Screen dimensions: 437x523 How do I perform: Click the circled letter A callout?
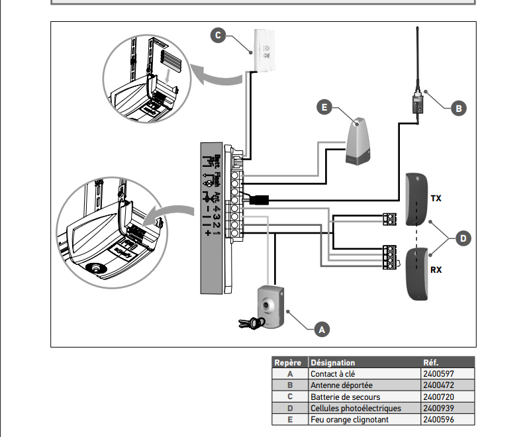coord(320,328)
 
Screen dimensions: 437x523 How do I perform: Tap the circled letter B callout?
coord(458,107)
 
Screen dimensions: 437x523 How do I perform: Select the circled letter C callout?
coord(218,35)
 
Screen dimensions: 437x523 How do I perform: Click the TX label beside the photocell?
coord(436,198)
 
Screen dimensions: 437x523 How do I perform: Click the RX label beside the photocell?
coord(436,270)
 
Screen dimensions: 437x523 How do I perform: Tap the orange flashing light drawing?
coord(359,141)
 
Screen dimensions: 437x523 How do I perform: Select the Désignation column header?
coord(333,363)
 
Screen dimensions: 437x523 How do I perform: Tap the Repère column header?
coord(288,363)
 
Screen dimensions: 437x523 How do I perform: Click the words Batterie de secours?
coord(345,397)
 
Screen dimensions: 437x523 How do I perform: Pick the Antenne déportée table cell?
coord(342,385)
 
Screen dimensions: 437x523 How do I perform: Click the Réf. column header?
coord(431,363)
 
